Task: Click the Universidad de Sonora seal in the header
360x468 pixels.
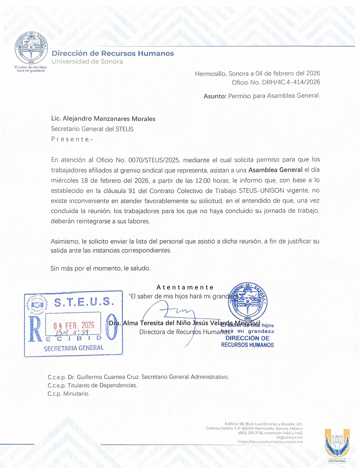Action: [31, 49]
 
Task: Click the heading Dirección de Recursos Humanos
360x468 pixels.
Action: [113, 54]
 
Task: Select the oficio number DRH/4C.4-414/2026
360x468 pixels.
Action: [291, 82]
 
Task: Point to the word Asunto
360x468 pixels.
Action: [215, 96]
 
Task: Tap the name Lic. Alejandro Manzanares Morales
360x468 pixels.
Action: [103, 119]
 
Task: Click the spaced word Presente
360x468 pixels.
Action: [72, 139]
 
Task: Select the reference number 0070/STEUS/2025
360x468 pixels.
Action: [154, 160]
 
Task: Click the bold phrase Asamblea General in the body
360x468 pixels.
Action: [275, 170]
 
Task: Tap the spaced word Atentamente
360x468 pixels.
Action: [185, 287]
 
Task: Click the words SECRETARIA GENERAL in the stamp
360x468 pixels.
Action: [74, 348]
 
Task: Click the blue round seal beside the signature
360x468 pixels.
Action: [248, 301]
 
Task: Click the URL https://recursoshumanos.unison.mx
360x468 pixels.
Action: [270, 442]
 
